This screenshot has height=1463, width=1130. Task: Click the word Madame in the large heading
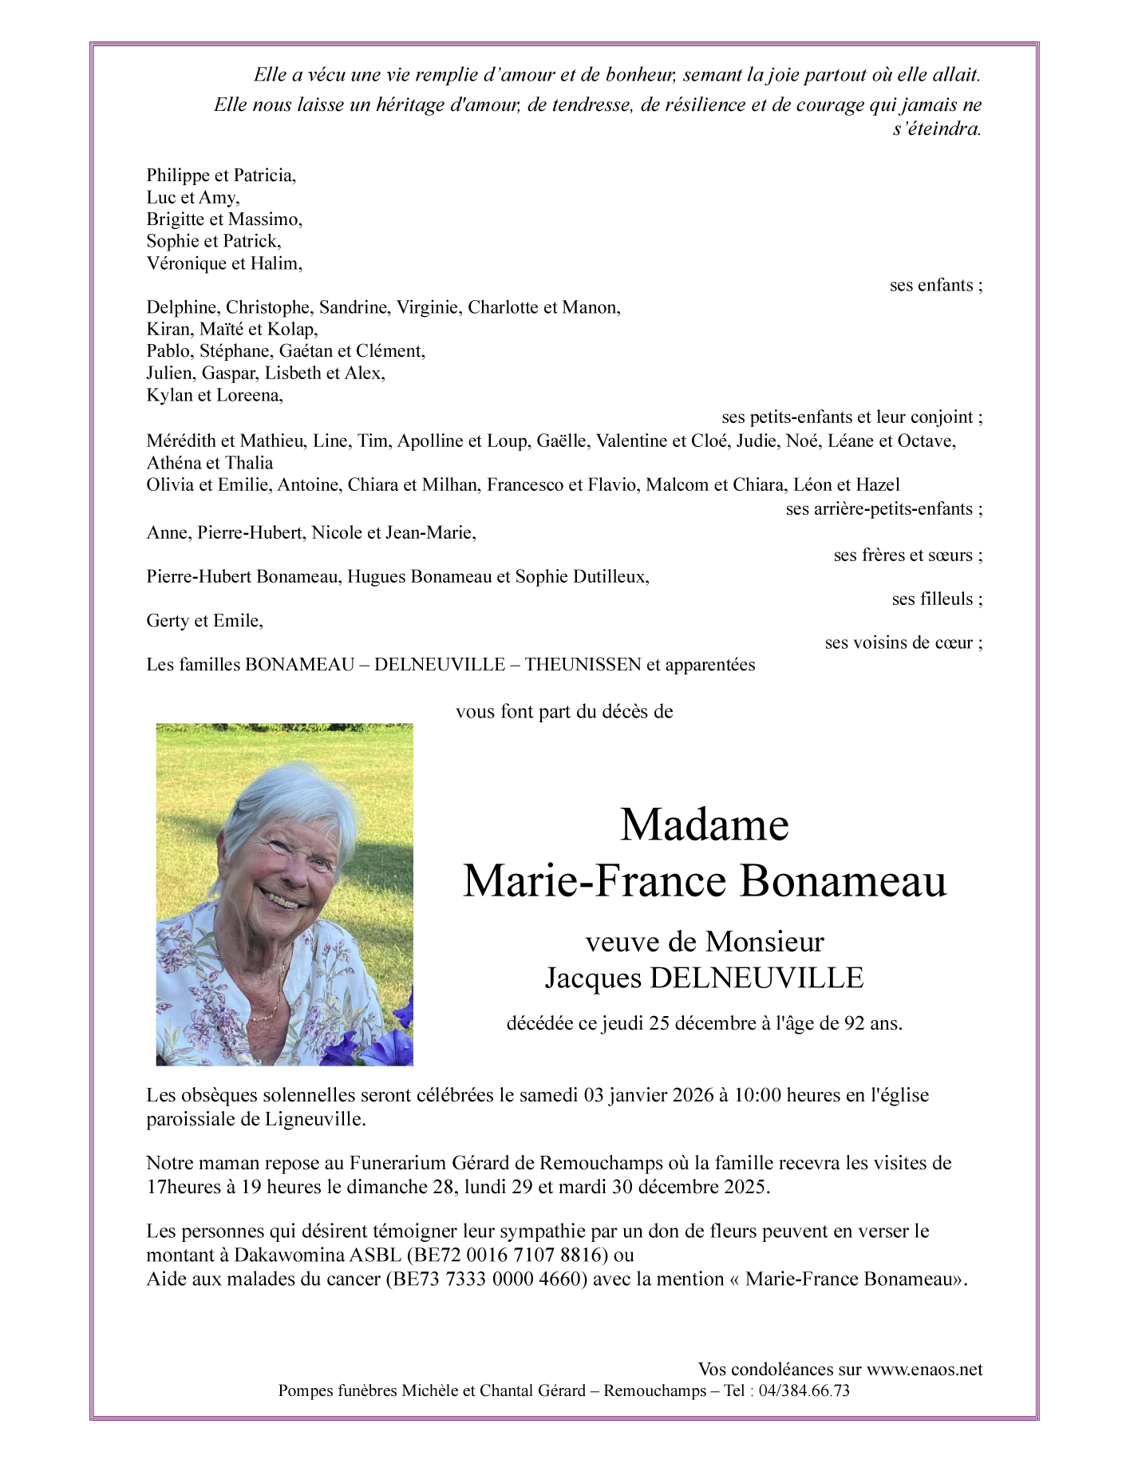pyautogui.click(x=704, y=825)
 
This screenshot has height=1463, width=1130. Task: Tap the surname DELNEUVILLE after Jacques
pyautogui.click(x=757, y=978)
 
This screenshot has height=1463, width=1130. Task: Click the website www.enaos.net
pyautogui.click(x=924, y=1370)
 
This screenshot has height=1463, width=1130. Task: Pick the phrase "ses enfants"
pyautogui.click(x=935, y=285)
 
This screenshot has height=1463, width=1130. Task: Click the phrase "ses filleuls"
pyautogui.click(x=936, y=599)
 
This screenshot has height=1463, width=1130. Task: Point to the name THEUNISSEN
pyautogui.click(x=583, y=664)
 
